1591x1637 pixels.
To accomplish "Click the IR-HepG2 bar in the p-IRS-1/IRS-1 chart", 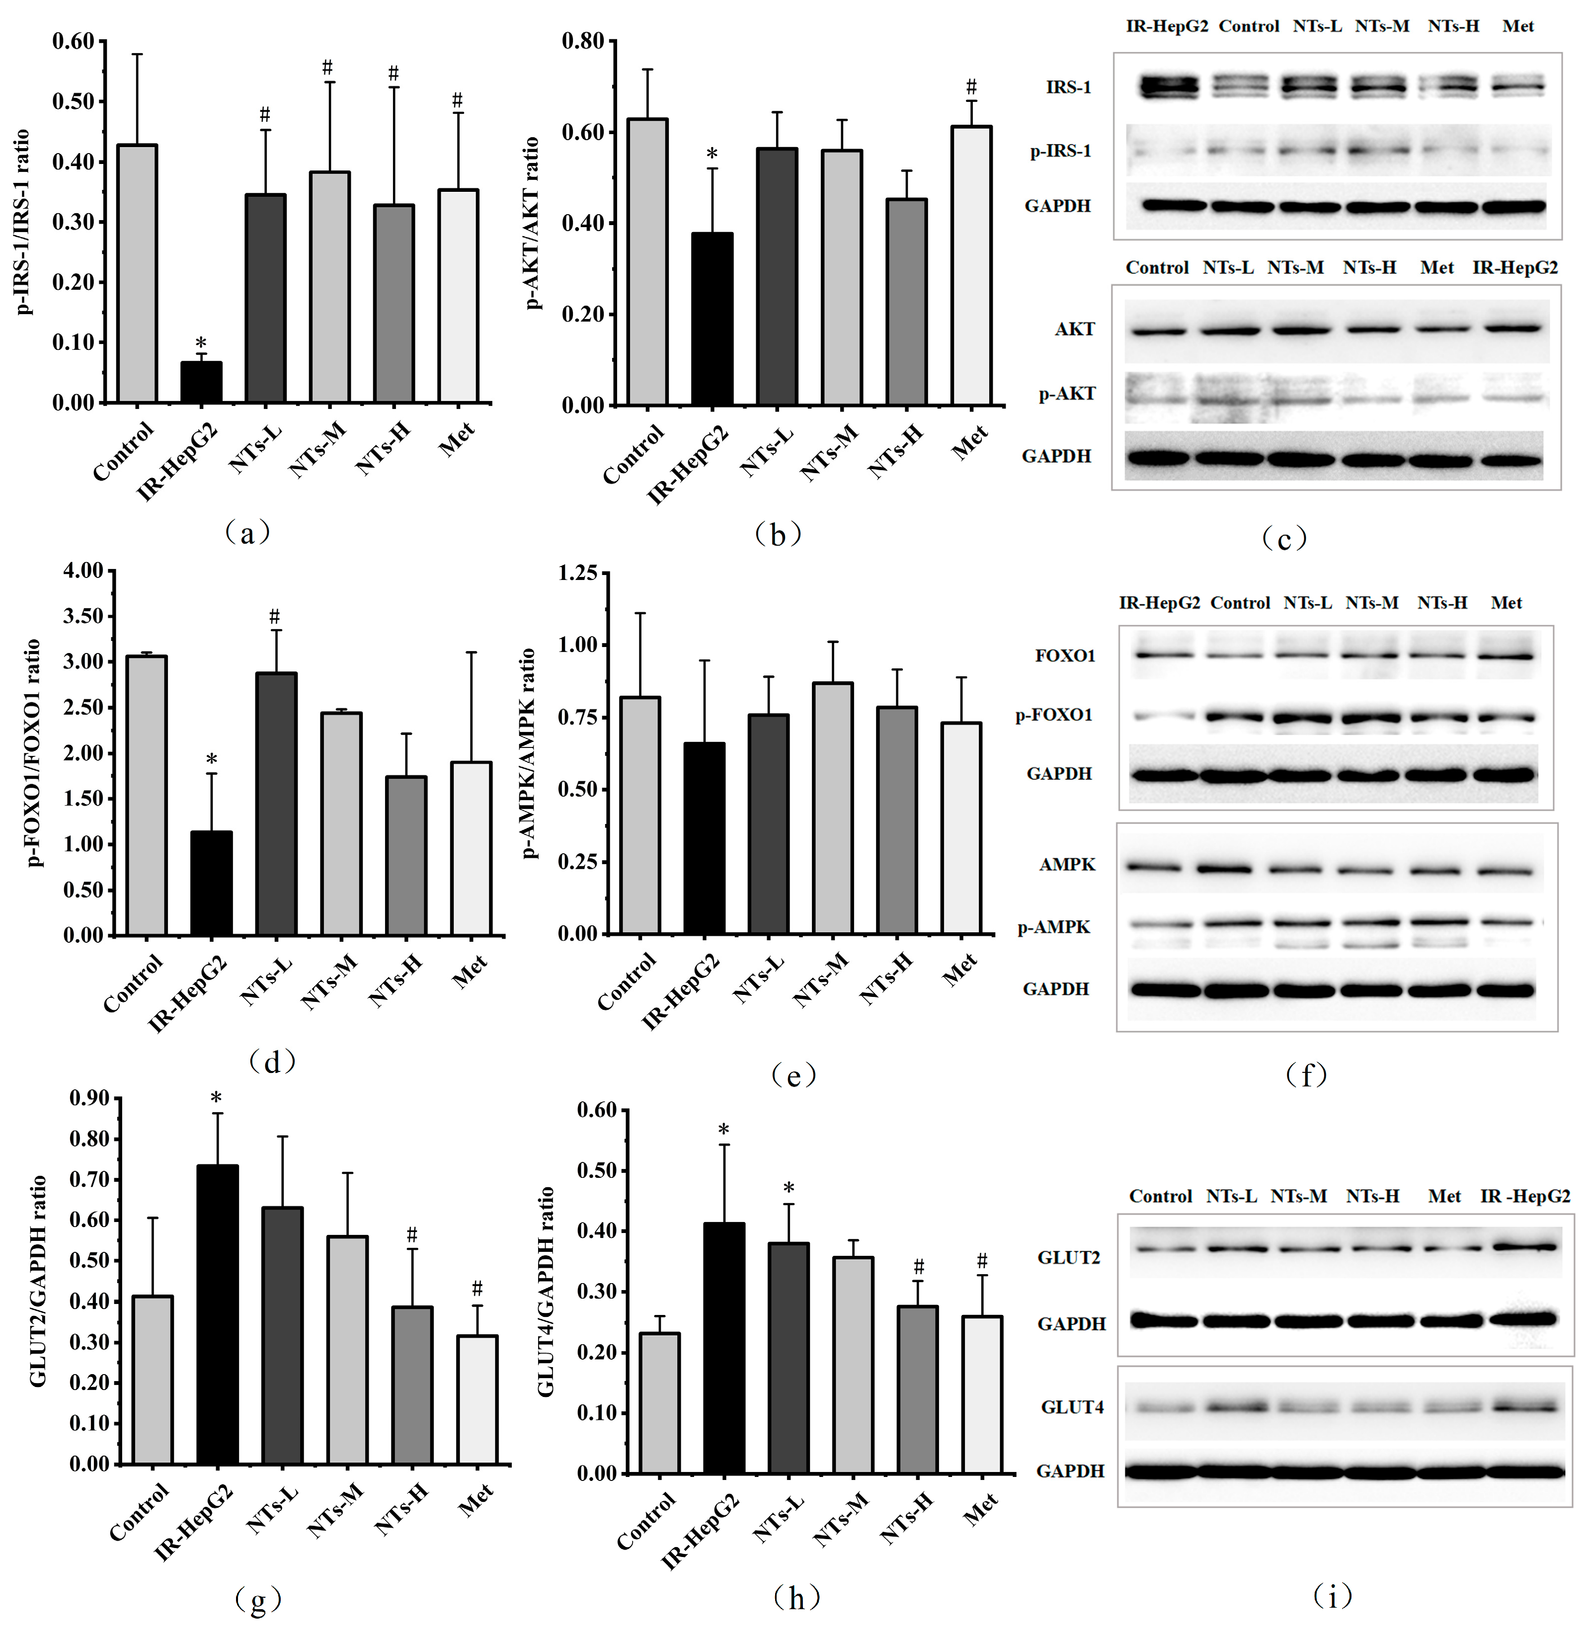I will pos(201,382).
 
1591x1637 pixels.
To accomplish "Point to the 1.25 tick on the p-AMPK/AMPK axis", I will pos(578,573).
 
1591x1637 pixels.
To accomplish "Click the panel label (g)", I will pos(258,1599).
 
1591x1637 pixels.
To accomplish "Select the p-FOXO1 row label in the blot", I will pos(1054,715).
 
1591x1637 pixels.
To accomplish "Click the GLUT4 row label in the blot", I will pos(1072,1407).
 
